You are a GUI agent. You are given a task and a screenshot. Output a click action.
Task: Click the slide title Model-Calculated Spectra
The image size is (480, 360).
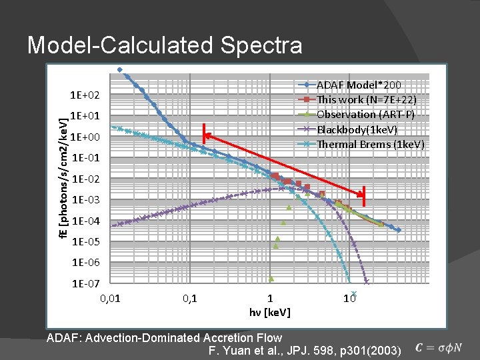pos(164,45)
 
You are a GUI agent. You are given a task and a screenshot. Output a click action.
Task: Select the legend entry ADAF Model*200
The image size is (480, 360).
pos(358,85)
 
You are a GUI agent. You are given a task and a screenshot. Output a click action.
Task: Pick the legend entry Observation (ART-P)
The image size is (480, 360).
pos(366,115)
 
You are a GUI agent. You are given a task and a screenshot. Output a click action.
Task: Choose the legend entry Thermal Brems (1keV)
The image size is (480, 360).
pos(370,144)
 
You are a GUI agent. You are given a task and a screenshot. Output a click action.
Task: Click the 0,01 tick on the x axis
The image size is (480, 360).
pos(111,298)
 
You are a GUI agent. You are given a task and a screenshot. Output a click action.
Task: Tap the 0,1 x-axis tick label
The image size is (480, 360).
pos(190,298)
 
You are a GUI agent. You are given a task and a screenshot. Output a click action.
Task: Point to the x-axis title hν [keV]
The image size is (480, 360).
pos(269,312)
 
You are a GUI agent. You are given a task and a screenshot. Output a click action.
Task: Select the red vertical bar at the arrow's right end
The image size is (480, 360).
pos(364,195)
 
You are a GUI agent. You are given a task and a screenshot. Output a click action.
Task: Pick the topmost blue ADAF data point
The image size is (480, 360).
pos(119,69)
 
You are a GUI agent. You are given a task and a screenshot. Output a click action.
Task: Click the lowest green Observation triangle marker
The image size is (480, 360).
pos(271,279)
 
